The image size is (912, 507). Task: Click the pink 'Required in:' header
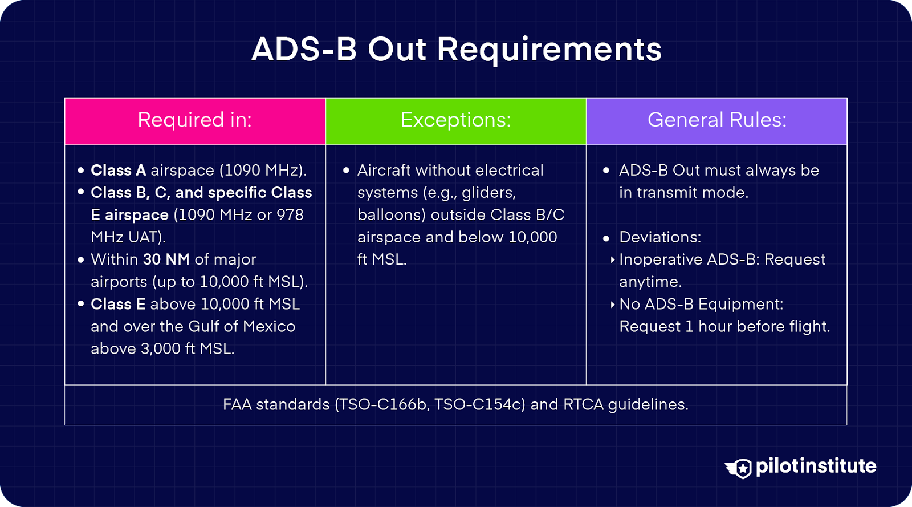coord(195,120)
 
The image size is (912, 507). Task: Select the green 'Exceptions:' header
coord(455,120)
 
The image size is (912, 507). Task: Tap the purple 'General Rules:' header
coord(716,120)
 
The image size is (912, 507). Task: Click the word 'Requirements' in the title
coord(549,50)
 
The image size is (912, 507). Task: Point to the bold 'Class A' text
coord(118,171)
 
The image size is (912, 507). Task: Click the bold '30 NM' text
coord(166,259)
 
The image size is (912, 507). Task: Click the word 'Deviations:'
coord(660,237)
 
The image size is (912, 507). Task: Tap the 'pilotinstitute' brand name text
coord(816,466)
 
